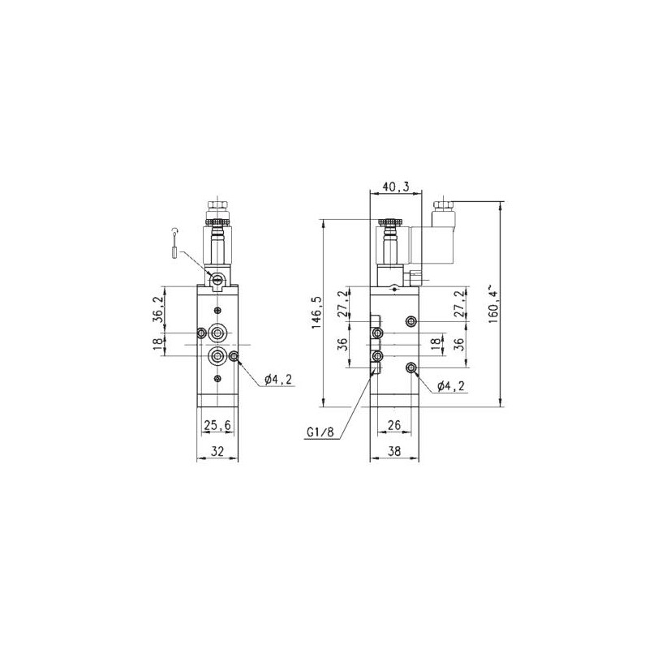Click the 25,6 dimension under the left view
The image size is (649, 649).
(x=217, y=424)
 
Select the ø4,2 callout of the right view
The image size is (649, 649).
(x=450, y=387)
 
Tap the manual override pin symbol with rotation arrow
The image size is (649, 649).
(x=174, y=243)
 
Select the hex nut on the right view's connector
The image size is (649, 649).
(x=443, y=206)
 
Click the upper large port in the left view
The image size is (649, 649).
(x=218, y=333)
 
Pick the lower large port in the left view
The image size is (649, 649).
(x=218, y=357)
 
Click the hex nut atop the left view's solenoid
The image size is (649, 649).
(x=217, y=208)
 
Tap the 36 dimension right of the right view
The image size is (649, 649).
(x=458, y=343)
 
